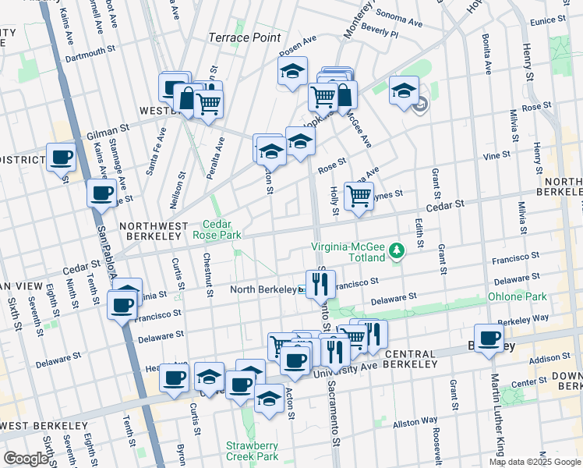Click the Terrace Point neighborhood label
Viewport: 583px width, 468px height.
245,37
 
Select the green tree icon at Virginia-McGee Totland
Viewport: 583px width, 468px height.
397,250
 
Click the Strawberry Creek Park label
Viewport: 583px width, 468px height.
252,450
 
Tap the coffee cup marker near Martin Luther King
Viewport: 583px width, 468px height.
489,339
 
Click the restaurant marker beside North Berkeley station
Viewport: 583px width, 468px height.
320,285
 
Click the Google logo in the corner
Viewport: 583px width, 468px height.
25,459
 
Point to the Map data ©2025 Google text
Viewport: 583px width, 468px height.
535,462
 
